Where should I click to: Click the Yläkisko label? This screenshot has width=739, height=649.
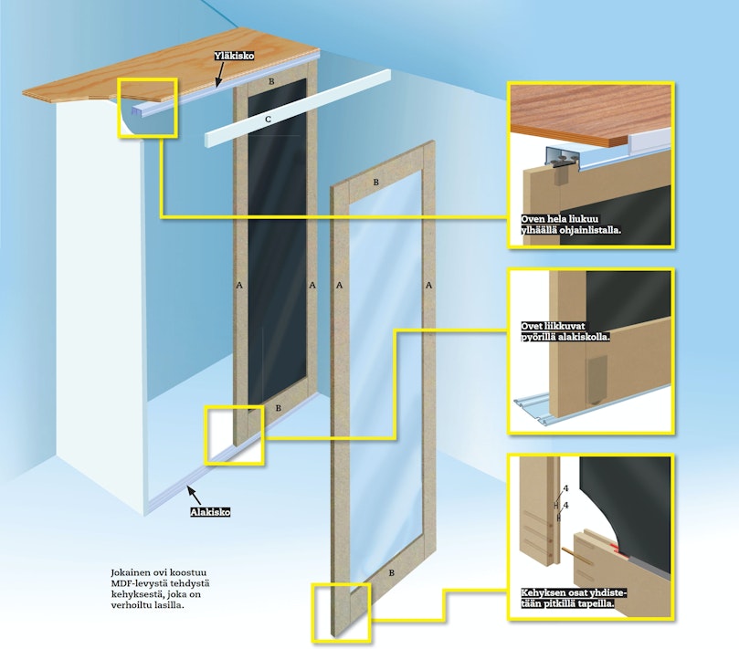pos(234,56)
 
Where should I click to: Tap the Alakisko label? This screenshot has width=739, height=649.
pos(210,512)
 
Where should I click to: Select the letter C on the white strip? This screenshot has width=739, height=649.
pos(269,120)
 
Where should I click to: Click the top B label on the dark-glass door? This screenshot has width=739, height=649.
pos(271,81)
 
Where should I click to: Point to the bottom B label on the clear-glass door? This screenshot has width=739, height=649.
pos(391,573)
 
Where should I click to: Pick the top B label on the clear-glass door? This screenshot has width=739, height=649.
pos(376,183)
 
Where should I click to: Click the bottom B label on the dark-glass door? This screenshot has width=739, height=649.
pos(278,408)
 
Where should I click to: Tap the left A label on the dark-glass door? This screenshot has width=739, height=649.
pos(239,285)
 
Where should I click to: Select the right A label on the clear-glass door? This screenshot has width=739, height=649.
pos(428,285)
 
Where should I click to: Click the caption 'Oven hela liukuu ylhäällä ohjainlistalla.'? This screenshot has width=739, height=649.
pos(571,225)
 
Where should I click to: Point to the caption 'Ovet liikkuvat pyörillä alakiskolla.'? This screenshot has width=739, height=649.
pos(565,331)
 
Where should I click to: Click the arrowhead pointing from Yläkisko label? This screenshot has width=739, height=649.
pos(218,83)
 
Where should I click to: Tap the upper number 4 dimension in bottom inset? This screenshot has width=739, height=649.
pos(565,489)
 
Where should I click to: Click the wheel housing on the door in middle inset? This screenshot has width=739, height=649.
pos(596,380)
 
